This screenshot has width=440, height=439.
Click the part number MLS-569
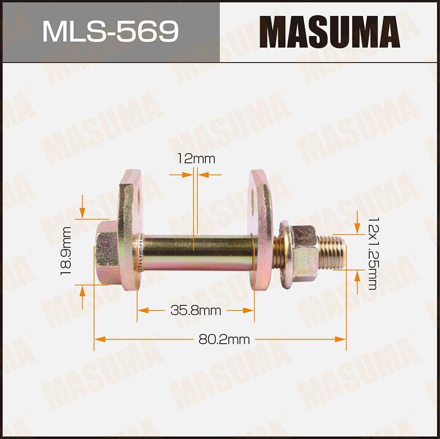point(110,31)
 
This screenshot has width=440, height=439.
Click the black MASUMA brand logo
point(329,31)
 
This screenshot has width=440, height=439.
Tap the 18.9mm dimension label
point(66,251)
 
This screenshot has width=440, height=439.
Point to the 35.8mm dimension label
point(196,311)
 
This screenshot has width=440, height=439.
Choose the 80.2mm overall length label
point(224,339)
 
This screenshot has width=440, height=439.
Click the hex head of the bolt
point(106,252)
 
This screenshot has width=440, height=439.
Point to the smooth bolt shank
point(198,253)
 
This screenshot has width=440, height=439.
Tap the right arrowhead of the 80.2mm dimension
point(341,339)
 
